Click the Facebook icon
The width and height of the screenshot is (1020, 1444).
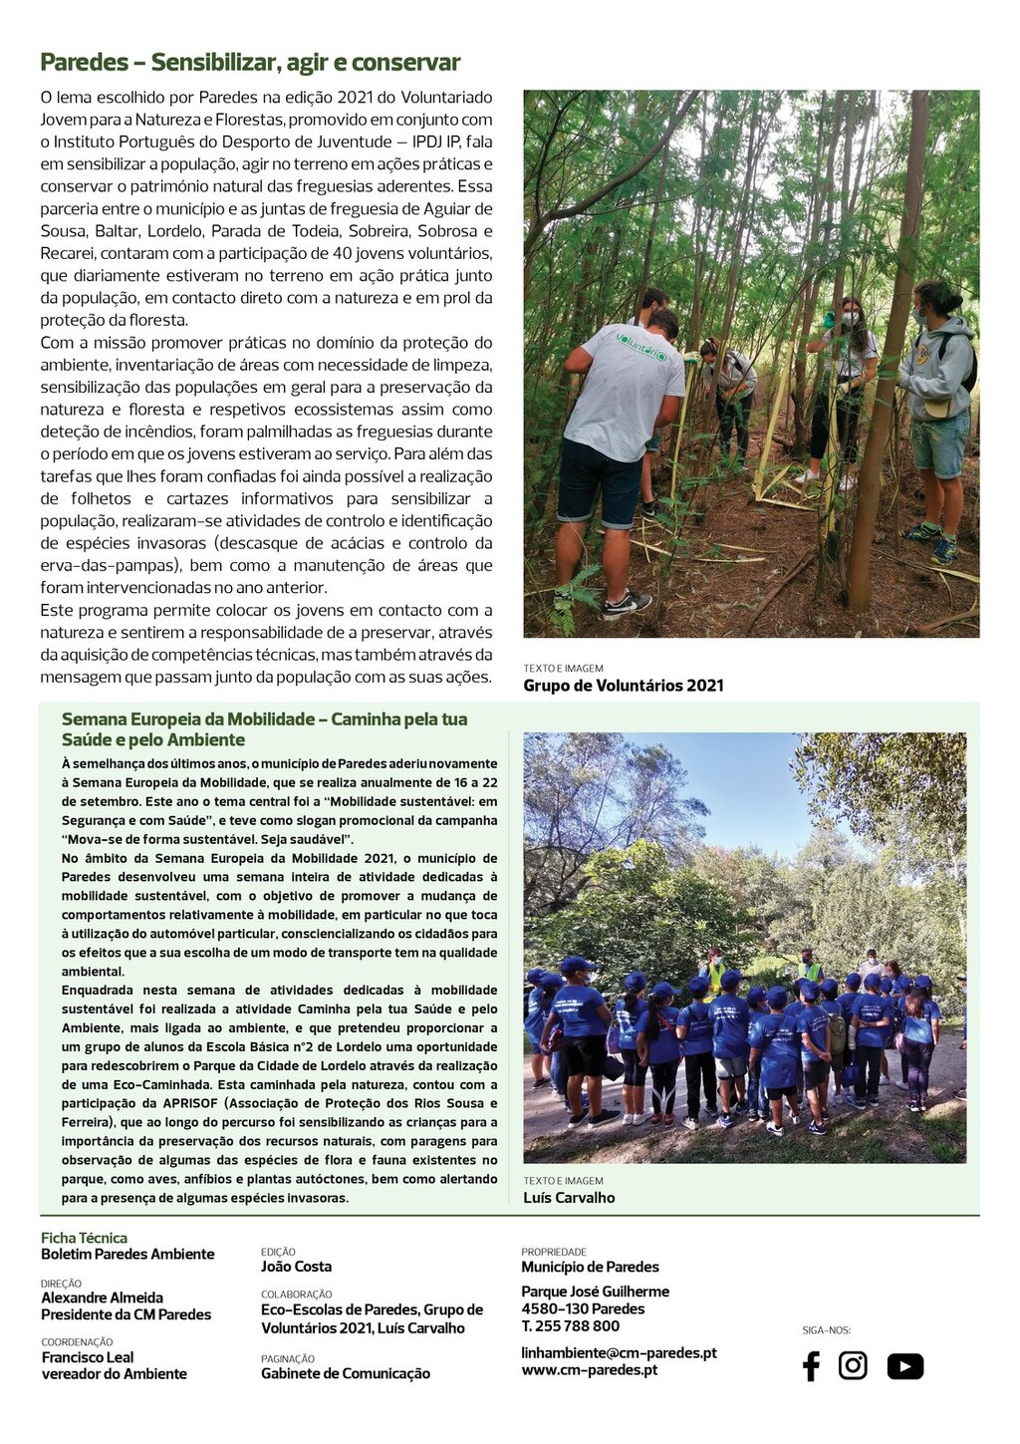coord(811,1365)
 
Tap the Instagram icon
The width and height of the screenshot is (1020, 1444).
coord(853,1365)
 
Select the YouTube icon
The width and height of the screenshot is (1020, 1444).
coord(904,1366)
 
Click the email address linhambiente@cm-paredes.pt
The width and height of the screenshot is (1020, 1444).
coord(619,1352)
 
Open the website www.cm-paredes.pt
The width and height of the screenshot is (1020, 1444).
coord(589,1370)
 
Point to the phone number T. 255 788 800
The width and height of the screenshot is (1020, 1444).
coord(570,1326)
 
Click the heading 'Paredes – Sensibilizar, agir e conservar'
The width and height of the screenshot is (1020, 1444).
coord(250,63)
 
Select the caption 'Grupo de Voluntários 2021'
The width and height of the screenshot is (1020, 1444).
coord(624,686)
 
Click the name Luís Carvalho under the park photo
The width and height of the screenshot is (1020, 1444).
coord(569,1198)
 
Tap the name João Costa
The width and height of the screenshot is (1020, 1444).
coord(296,1267)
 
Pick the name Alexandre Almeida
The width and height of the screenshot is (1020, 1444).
coord(102,1298)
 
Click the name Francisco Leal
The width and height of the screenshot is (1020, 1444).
coord(88,1357)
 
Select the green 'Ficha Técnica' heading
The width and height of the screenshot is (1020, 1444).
coord(84,1238)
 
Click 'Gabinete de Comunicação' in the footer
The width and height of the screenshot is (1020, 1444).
coord(346,1373)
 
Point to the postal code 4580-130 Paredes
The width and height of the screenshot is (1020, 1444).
coord(583,1308)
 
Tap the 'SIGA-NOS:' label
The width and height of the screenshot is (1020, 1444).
coord(826,1330)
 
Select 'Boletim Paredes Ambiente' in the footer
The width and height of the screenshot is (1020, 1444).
coord(127,1254)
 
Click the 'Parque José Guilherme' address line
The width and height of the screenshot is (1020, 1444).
coord(595,1292)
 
